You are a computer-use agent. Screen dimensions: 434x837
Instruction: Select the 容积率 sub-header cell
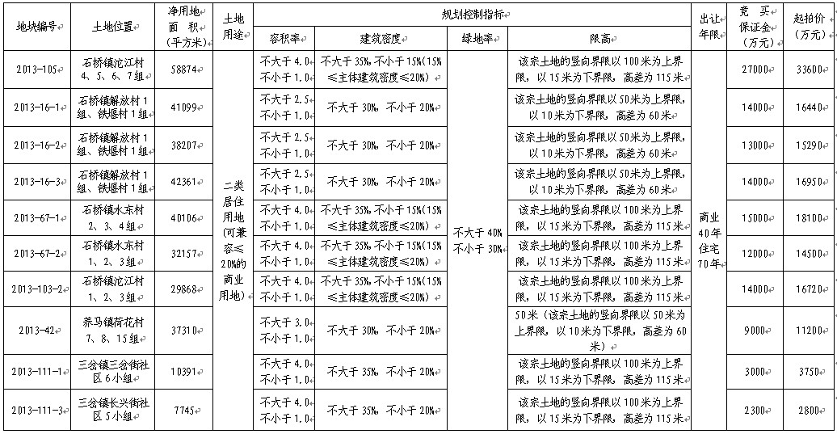click(284, 38)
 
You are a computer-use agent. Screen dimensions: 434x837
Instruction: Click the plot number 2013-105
click(36, 70)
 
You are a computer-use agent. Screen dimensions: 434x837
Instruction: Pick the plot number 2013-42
click(36, 330)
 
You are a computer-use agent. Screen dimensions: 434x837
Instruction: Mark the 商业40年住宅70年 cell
click(711, 240)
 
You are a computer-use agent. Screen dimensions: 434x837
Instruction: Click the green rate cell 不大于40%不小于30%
click(477, 240)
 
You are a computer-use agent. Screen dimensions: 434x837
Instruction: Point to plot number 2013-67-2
click(36, 253)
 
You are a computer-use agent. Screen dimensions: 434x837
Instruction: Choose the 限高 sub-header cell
click(598, 38)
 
